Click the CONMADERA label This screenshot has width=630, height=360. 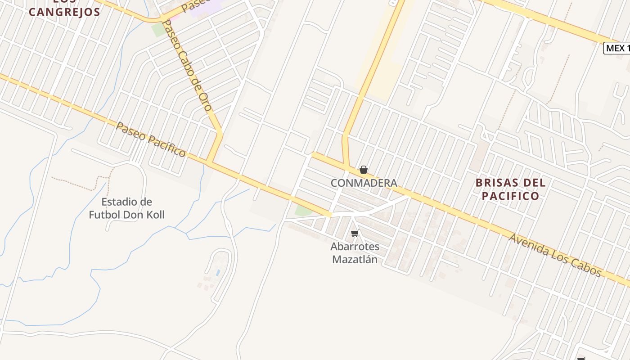coord(364,183)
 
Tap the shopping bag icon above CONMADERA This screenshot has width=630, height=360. coord(364,170)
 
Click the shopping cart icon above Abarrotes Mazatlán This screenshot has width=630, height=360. coord(355,234)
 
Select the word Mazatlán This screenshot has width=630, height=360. coord(355,260)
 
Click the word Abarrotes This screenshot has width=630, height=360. coord(355,247)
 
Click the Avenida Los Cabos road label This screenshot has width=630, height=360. coord(555,255)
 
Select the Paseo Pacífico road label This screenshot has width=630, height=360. coord(150,139)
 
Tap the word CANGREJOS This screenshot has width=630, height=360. coord(64,12)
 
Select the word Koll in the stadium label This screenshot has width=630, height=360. coord(154,215)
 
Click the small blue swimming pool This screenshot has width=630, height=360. coord(218,273)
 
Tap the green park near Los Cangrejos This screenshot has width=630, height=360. coord(158,30)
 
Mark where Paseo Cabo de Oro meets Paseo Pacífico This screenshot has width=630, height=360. coord(210,162)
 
